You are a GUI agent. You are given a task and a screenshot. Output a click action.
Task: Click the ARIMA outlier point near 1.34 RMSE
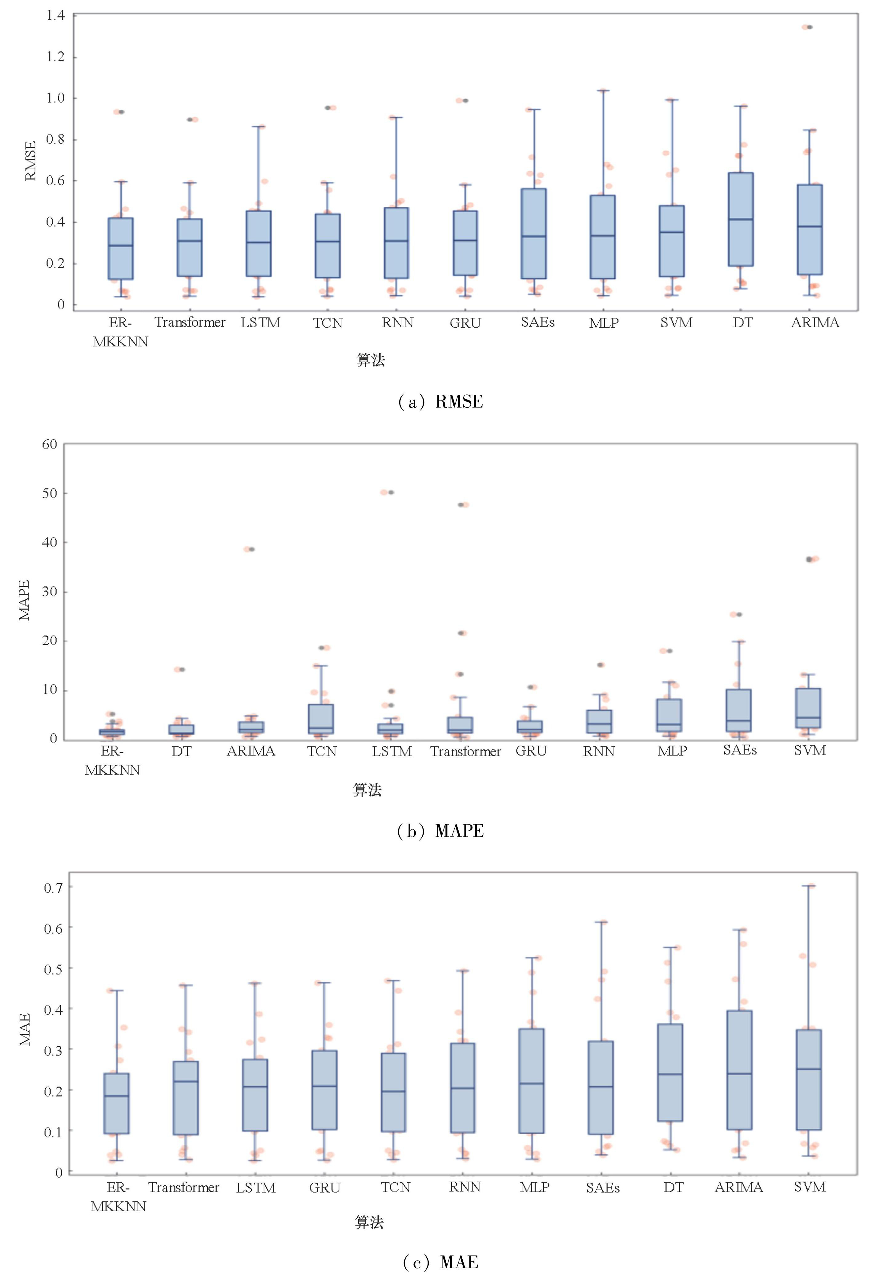coord(809,27)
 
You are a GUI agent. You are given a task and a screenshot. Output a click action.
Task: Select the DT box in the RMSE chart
coord(741,220)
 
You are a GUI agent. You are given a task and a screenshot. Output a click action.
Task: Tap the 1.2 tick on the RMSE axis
coord(55,57)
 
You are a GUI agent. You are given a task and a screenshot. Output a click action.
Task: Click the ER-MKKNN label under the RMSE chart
coord(120,332)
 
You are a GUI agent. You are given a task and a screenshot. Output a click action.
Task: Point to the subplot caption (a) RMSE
coord(440,401)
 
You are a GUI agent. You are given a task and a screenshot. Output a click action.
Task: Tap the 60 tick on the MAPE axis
coord(50,445)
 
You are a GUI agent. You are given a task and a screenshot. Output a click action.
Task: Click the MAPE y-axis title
coord(24,600)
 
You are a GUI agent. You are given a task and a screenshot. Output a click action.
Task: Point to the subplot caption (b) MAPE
coord(440,831)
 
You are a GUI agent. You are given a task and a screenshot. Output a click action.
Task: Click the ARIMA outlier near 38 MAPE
coord(251,549)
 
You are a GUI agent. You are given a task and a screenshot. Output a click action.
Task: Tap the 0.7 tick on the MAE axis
coord(54,888)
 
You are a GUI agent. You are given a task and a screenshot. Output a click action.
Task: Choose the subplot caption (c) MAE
coord(440,1262)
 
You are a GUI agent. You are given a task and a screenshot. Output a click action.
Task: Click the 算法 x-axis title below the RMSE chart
coord(370,360)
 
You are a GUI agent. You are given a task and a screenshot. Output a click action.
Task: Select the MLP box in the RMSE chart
coord(603,237)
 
